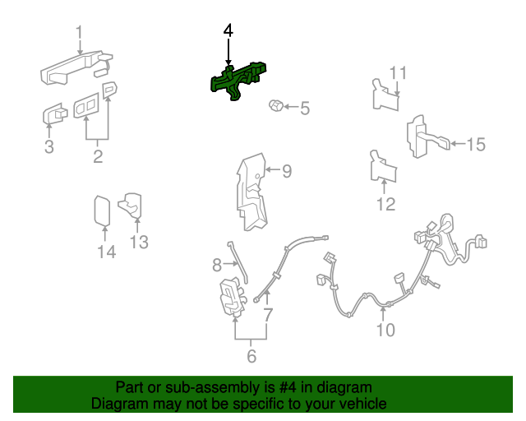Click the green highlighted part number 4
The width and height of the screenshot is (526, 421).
(237, 81)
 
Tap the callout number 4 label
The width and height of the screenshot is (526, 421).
(228, 30)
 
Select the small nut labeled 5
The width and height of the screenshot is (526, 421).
(276, 106)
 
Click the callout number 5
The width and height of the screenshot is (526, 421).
(305, 108)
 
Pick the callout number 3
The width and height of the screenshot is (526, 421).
(49, 146)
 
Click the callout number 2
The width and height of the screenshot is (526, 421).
(98, 156)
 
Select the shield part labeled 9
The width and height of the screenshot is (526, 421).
(251, 192)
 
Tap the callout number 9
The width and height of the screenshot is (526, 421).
(287, 171)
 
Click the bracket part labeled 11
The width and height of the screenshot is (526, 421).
(385, 95)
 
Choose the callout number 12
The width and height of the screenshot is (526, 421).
(386, 204)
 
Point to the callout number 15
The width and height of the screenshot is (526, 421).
(476, 145)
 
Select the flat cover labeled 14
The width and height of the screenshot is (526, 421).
(102, 210)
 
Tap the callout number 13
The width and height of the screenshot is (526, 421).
(139, 242)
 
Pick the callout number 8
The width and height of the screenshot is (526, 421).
(217, 265)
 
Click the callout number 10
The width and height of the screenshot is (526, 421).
(385, 330)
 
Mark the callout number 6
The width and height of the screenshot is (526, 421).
(251, 356)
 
